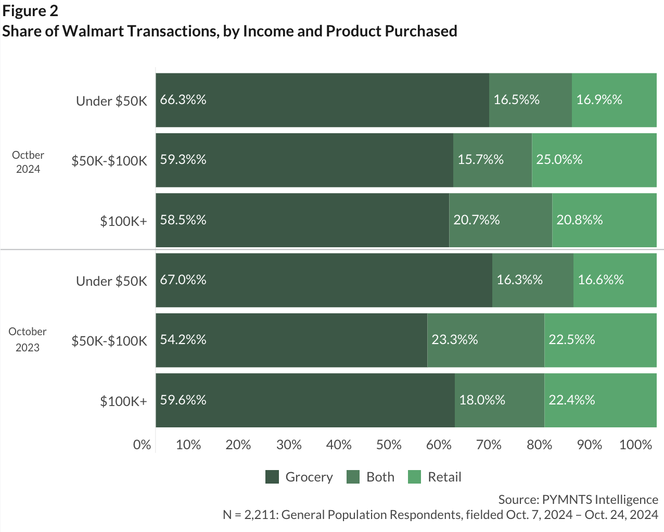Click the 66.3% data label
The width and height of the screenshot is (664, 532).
click(x=183, y=99)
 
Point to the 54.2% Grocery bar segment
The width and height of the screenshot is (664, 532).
click(x=291, y=340)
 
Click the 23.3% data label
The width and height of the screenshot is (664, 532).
click(x=454, y=340)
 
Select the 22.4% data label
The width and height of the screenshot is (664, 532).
click(x=571, y=400)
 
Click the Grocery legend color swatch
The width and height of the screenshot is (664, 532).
click(x=272, y=477)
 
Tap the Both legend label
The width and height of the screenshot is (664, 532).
click(x=380, y=477)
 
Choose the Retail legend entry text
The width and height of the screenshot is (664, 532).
click(x=444, y=477)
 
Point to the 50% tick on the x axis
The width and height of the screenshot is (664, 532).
click(x=389, y=445)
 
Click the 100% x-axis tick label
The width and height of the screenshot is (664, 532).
click(x=635, y=445)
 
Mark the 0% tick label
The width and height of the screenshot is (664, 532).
click(x=142, y=445)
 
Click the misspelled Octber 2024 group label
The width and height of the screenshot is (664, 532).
click(x=28, y=162)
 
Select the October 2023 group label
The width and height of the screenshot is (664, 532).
click(x=28, y=339)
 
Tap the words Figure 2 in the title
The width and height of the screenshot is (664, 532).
click(x=30, y=11)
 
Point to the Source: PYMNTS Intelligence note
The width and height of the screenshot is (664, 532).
click(x=578, y=499)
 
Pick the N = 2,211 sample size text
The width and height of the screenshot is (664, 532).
click(x=440, y=515)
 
